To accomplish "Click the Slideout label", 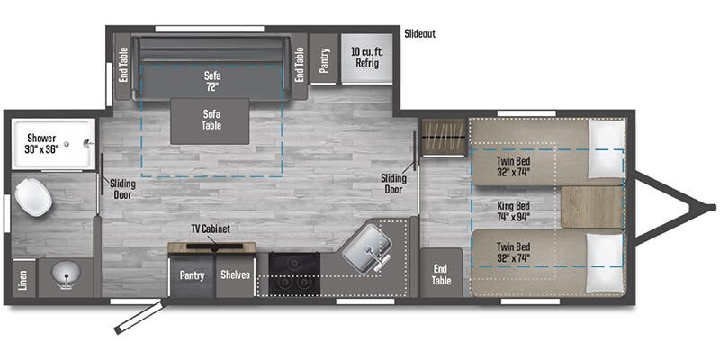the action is (x=419, y=34).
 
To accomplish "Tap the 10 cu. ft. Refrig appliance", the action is (x=367, y=58).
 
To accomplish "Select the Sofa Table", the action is (x=210, y=121).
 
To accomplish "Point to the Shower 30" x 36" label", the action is (x=42, y=143).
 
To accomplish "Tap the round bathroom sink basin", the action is (x=66, y=274).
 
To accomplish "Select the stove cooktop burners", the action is (x=294, y=274).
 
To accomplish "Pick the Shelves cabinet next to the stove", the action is (x=235, y=275).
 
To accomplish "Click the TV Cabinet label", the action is (x=211, y=229).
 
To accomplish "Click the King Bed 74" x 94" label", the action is (x=514, y=211).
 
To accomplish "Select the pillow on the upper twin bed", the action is (x=607, y=148).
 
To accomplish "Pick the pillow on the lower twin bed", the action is (x=607, y=263).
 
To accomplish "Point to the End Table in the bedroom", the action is (x=441, y=273).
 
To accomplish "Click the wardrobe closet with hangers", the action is (x=444, y=137).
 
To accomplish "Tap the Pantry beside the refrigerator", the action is (x=324, y=58).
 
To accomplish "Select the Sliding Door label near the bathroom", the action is (x=122, y=189).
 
